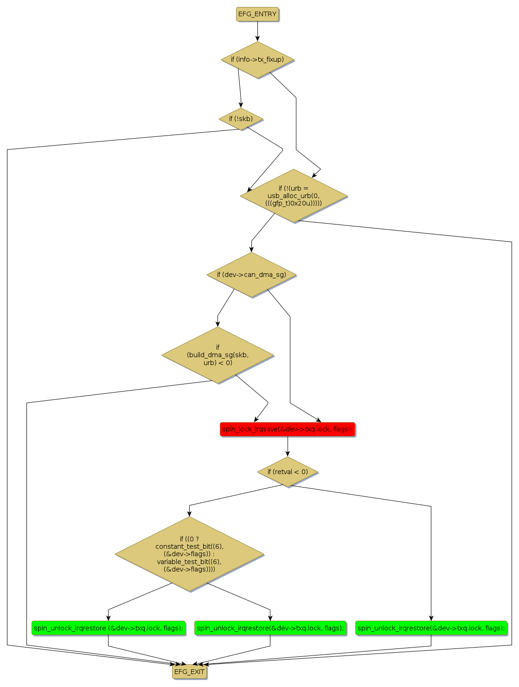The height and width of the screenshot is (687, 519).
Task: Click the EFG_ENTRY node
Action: pos(257,14)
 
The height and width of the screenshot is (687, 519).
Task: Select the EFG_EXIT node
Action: pos(189,672)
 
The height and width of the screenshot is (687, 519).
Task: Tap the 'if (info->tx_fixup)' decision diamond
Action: pos(257,60)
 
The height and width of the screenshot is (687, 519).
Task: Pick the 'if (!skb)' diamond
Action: pos(241,119)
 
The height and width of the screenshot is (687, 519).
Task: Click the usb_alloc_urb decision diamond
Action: pos(294,196)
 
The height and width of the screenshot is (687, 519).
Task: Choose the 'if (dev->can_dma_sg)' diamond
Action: pos(251,275)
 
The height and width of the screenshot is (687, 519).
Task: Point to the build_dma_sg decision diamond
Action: pos(218,355)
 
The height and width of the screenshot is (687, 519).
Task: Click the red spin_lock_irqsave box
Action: pos(288,429)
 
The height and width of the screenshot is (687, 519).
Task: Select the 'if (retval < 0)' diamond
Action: pos(288,472)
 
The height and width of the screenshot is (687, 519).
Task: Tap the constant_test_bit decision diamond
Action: pos(189,554)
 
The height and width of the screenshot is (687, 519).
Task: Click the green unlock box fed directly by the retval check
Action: pos(431,628)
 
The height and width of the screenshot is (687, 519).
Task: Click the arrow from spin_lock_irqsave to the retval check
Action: pos(288,446)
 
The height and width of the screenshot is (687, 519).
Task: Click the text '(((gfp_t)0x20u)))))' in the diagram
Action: pos(294,203)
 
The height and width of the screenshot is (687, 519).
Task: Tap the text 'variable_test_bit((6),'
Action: pos(189,562)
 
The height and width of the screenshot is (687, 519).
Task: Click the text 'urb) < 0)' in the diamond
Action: pos(218,363)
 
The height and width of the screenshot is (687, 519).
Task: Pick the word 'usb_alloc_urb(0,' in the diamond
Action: pos(294,196)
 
